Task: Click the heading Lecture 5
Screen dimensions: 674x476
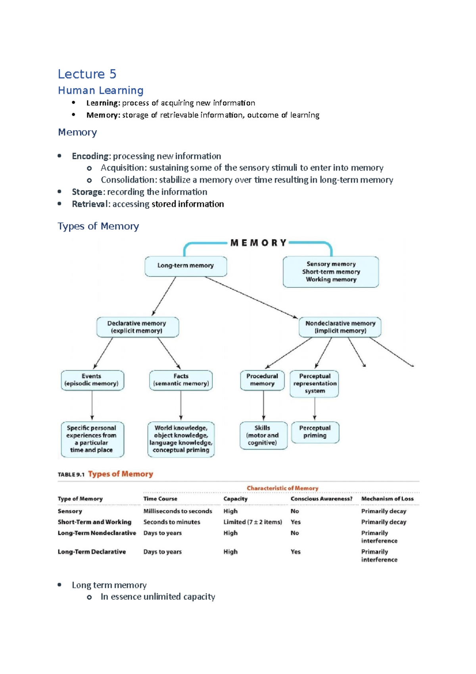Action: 87,74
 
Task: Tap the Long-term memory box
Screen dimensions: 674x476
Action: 186,266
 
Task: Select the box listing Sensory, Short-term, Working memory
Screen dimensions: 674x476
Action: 331,272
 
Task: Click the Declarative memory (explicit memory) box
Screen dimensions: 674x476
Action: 137,327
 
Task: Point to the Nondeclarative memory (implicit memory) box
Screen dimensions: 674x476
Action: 340,327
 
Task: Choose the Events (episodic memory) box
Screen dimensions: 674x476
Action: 92,380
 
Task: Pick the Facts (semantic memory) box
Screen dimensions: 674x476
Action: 181,380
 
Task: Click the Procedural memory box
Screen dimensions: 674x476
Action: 262,380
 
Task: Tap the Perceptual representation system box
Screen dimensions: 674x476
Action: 315,383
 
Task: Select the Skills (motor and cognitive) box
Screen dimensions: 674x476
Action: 263,435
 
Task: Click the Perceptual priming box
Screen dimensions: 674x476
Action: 315,432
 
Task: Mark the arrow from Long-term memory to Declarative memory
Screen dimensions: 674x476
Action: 164,296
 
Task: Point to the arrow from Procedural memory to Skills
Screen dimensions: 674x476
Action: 263,406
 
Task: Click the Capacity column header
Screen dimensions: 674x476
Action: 235,499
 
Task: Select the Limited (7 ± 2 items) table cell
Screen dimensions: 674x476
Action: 252,522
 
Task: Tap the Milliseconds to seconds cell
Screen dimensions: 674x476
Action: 178,512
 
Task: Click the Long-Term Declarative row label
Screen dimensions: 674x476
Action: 92,552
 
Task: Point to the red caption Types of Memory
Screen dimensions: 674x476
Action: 121,474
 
